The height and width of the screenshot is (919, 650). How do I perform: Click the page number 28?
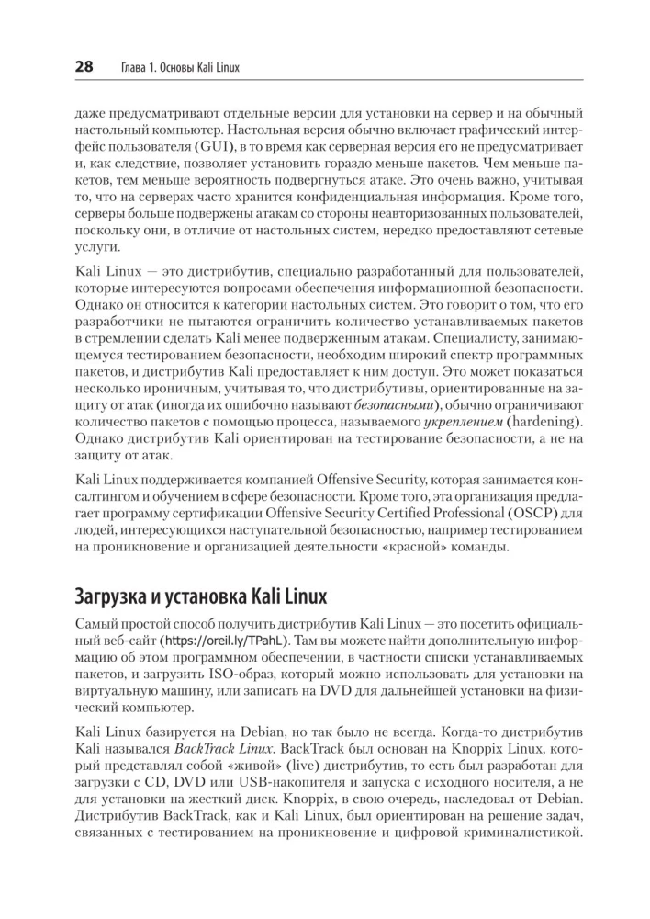pos(84,68)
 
